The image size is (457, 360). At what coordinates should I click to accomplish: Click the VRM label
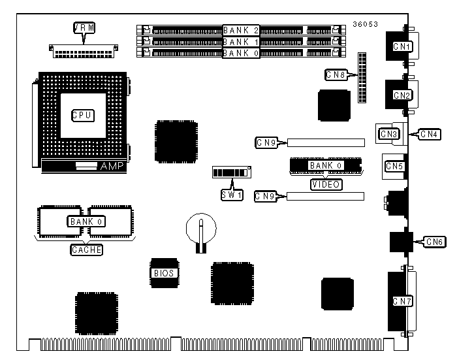(84, 27)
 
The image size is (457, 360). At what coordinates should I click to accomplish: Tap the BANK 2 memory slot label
(242, 30)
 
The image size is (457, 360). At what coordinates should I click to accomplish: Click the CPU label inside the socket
(82, 115)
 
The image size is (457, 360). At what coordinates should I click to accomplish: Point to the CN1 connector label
(402, 47)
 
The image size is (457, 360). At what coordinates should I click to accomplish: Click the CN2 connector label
(402, 95)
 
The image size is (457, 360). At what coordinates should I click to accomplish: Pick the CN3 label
(389, 135)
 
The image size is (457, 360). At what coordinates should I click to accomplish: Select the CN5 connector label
(394, 167)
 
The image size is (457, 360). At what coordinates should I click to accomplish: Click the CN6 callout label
(435, 242)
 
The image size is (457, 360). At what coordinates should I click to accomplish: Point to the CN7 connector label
(402, 301)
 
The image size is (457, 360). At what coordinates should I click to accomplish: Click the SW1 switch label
(231, 194)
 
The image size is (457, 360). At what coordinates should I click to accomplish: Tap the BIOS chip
(163, 273)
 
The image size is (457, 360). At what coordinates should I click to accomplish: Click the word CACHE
(86, 250)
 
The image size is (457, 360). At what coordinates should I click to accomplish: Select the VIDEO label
(325, 184)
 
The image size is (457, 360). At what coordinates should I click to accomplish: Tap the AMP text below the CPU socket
(111, 167)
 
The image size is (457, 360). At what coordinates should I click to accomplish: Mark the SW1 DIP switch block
(232, 172)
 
